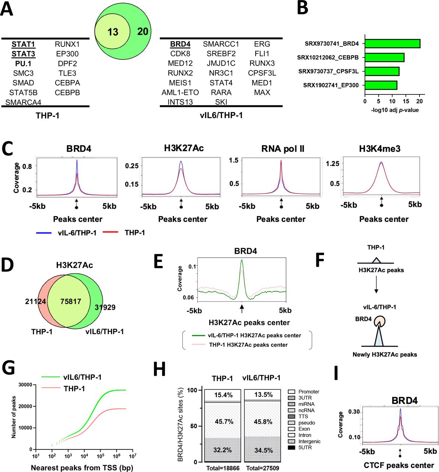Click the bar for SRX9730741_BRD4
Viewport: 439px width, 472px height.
[392, 44]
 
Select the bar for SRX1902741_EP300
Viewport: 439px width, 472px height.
[381, 85]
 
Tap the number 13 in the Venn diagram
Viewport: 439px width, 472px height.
[113, 32]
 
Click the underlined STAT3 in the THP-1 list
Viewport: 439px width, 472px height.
[23, 54]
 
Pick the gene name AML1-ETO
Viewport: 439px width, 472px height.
[180, 93]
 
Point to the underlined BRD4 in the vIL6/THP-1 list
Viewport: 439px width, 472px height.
[180, 44]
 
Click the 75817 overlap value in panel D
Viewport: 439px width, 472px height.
[71, 302]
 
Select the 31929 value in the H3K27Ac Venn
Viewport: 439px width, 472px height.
[105, 307]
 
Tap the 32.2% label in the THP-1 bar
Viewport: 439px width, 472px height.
[223, 450]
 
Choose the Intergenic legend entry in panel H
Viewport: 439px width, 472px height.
[309, 441]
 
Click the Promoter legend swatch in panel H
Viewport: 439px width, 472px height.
[292, 392]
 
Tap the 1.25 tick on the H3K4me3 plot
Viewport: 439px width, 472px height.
[332, 164]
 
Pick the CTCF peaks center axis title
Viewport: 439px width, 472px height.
[398, 465]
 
